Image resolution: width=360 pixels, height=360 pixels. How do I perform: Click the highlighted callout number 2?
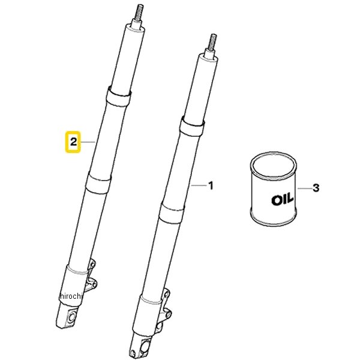tap(73, 142)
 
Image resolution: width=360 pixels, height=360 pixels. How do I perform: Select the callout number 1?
tap(211, 185)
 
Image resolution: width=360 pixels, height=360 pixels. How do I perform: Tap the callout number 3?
tap(316, 188)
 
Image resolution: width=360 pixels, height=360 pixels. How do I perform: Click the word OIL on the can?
tap(282, 199)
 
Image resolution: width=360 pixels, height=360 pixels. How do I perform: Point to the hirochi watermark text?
tap(71, 296)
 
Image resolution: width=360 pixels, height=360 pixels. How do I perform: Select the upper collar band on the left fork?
tap(118, 97)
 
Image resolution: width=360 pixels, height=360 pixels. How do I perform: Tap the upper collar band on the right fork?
tap(192, 127)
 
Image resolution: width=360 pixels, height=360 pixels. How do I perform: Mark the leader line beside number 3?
tap(305, 188)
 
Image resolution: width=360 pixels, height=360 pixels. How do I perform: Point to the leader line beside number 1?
tap(199, 185)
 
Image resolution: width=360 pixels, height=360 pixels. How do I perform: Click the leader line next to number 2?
tap(88, 142)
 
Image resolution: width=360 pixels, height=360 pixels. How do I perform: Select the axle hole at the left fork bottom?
tap(72, 317)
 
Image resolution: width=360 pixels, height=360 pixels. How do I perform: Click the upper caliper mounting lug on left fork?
tap(92, 265)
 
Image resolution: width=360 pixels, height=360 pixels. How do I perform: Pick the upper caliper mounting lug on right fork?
tap(166, 295)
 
